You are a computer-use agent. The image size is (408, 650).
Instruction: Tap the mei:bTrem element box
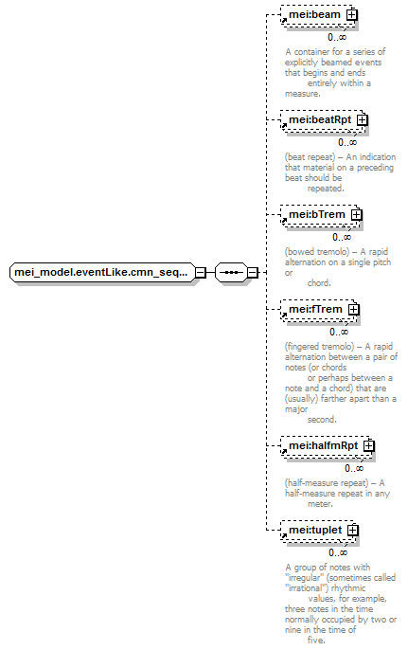[320, 215]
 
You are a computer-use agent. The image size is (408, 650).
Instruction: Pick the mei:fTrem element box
[318, 310]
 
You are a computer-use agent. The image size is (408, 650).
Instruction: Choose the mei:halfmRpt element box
[327, 446]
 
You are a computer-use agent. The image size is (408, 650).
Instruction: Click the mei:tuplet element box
[318, 531]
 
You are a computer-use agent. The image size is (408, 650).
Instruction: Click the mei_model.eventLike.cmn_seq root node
[102, 272]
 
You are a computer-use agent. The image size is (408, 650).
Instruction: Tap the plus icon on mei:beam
[351, 15]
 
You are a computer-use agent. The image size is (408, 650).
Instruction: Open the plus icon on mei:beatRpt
[362, 120]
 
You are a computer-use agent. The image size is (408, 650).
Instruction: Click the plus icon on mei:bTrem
[356, 215]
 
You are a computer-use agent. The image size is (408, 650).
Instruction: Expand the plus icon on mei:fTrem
[353, 309]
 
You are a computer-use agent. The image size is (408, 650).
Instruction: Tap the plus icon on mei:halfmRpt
[368, 445]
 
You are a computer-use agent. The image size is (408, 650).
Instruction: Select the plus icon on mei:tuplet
[352, 531]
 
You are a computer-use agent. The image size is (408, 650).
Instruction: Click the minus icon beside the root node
[201, 273]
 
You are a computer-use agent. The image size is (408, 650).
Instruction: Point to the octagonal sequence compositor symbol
[231, 272]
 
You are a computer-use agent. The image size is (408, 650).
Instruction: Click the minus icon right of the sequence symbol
[252, 273]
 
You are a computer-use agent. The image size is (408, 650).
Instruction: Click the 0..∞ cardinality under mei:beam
[337, 38]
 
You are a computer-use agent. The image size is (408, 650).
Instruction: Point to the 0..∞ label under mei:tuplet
[338, 553]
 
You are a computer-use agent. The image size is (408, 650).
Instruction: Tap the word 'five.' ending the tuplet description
[316, 641]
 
